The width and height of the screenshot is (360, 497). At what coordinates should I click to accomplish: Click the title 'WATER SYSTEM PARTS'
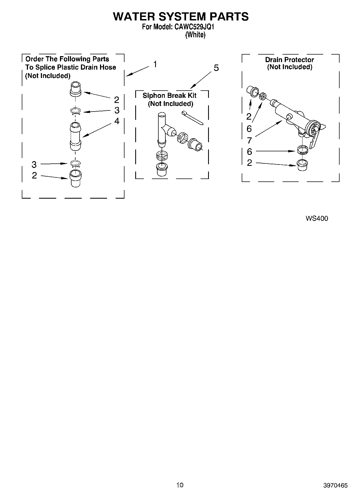point(181,17)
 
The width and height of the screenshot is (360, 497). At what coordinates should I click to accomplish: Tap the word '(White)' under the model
point(195,35)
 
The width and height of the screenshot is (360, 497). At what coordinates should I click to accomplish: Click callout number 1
point(155,65)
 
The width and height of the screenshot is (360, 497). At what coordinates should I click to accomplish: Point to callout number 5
point(216,68)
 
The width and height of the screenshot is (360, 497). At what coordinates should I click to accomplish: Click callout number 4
point(117,121)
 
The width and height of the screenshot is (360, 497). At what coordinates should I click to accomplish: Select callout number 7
point(249,140)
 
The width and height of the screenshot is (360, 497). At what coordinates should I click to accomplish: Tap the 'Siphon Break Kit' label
point(169,95)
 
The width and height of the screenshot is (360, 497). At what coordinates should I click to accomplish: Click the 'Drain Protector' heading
point(289,60)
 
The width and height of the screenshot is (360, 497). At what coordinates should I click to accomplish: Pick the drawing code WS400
point(317,218)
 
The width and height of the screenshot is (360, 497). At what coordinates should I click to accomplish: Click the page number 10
point(180,485)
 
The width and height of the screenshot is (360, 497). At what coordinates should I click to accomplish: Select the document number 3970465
point(336,485)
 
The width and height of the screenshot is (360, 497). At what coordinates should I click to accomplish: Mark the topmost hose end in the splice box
point(75,89)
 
